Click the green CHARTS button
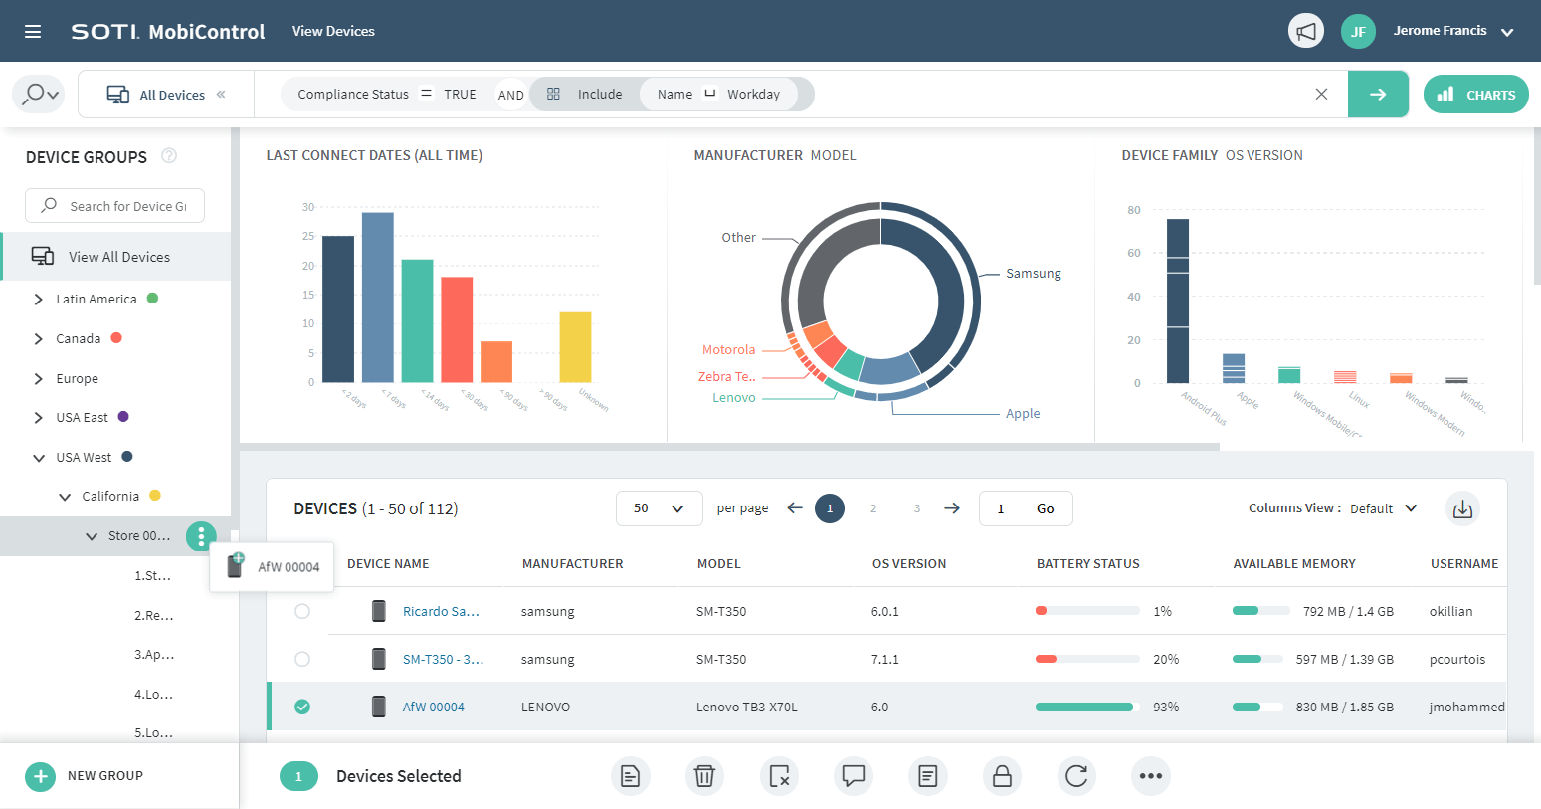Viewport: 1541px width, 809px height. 1475,95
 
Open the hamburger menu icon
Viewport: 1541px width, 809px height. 33,32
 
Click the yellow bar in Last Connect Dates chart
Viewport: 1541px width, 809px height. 575,347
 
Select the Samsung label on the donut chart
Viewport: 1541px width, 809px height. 1033,274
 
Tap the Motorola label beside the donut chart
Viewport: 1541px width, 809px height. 728,350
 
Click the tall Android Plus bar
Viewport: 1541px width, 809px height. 1177,301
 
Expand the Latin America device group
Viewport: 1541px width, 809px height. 39,300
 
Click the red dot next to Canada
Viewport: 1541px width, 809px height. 116,338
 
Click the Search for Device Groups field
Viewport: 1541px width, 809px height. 115,206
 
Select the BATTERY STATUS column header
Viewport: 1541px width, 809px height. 1087,564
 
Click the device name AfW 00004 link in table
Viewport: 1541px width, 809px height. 433,708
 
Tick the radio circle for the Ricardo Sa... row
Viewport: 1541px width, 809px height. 302,612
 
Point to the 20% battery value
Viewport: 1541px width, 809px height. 1165,660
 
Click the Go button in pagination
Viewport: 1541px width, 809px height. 1045,508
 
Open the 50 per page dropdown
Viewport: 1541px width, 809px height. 659,508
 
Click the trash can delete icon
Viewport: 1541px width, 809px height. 704,776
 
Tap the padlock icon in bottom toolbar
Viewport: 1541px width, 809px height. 1002,776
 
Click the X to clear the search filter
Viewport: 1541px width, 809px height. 1321,95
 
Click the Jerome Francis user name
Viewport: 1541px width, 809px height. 1439,31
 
